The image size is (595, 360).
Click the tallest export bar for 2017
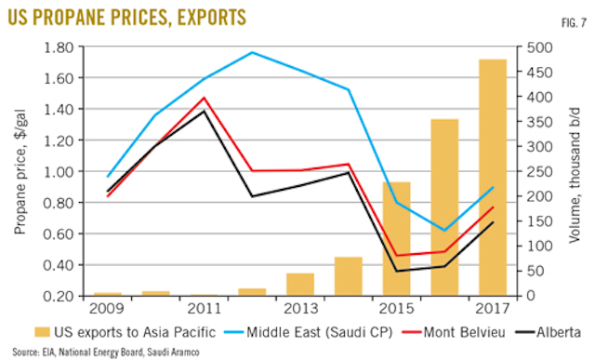493,177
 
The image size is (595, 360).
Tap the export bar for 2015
397,238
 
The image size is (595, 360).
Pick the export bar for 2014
349,276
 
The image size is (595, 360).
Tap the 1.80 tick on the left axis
71,47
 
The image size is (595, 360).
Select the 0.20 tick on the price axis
71,296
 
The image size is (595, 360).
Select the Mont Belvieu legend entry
453,331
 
